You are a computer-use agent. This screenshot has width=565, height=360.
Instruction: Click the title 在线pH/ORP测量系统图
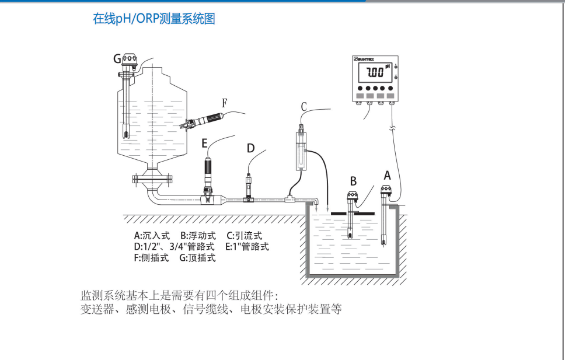[x=154, y=19]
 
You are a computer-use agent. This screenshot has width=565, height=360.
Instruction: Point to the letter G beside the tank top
[x=117, y=58]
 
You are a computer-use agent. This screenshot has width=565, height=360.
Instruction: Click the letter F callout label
[x=224, y=102]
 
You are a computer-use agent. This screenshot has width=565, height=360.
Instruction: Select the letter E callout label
[x=204, y=143]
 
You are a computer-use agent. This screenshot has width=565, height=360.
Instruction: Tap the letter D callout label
[x=250, y=148]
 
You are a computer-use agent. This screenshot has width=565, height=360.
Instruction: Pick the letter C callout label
[x=304, y=107]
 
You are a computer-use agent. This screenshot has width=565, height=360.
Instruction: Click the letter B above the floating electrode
[x=353, y=180]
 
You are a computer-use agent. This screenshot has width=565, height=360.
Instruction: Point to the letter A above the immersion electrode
[x=386, y=174]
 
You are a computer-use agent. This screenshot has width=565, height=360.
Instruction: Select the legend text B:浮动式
[x=198, y=236]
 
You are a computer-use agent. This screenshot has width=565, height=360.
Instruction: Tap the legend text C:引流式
[x=245, y=236]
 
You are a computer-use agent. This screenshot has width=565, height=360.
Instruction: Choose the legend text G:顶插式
[x=197, y=258]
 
